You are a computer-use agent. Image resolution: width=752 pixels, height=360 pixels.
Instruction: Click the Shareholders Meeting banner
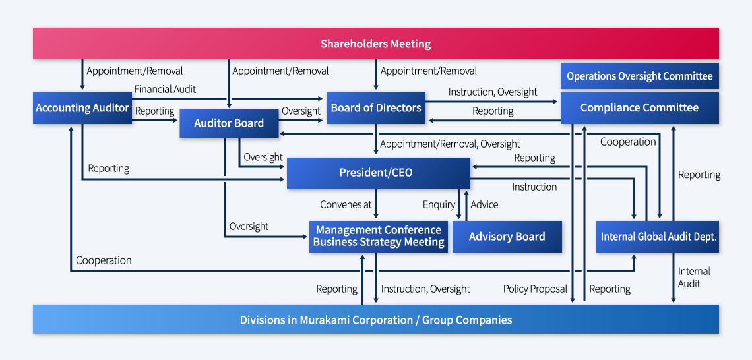point(375,44)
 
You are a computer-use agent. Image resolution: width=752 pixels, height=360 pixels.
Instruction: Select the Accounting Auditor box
point(82,108)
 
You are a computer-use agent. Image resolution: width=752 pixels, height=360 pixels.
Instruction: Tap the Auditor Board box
point(229,124)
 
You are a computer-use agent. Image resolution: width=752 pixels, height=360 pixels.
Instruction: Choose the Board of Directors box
point(376,108)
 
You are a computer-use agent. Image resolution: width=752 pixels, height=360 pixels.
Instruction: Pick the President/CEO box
point(379,173)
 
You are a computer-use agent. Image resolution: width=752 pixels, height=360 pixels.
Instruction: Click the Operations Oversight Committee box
point(640,76)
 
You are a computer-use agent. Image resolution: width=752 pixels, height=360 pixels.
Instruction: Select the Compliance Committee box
point(640,108)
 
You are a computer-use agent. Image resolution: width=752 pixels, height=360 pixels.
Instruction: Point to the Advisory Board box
point(507,236)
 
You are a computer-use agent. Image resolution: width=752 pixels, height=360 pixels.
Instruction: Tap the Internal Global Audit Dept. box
point(658,236)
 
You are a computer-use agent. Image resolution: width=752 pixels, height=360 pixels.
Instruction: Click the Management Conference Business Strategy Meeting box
point(379,236)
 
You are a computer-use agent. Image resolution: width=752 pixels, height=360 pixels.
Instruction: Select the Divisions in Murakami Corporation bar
point(375,319)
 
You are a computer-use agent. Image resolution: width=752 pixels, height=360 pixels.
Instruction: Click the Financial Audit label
point(165,89)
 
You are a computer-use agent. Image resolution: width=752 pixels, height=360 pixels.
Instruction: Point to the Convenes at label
point(346,204)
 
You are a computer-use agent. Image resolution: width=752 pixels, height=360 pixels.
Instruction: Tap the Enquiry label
point(439,205)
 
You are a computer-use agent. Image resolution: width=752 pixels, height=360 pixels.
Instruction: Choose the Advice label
point(484,204)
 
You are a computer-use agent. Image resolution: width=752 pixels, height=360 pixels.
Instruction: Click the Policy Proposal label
point(535,289)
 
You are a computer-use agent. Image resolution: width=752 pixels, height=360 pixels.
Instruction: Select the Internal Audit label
point(694,278)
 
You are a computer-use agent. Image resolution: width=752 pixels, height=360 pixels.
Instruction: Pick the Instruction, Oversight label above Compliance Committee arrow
point(493,92)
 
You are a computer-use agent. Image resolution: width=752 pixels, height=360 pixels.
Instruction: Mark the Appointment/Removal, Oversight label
point(450,144)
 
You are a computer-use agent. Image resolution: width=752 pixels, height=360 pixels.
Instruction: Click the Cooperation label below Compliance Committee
point(628,142)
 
